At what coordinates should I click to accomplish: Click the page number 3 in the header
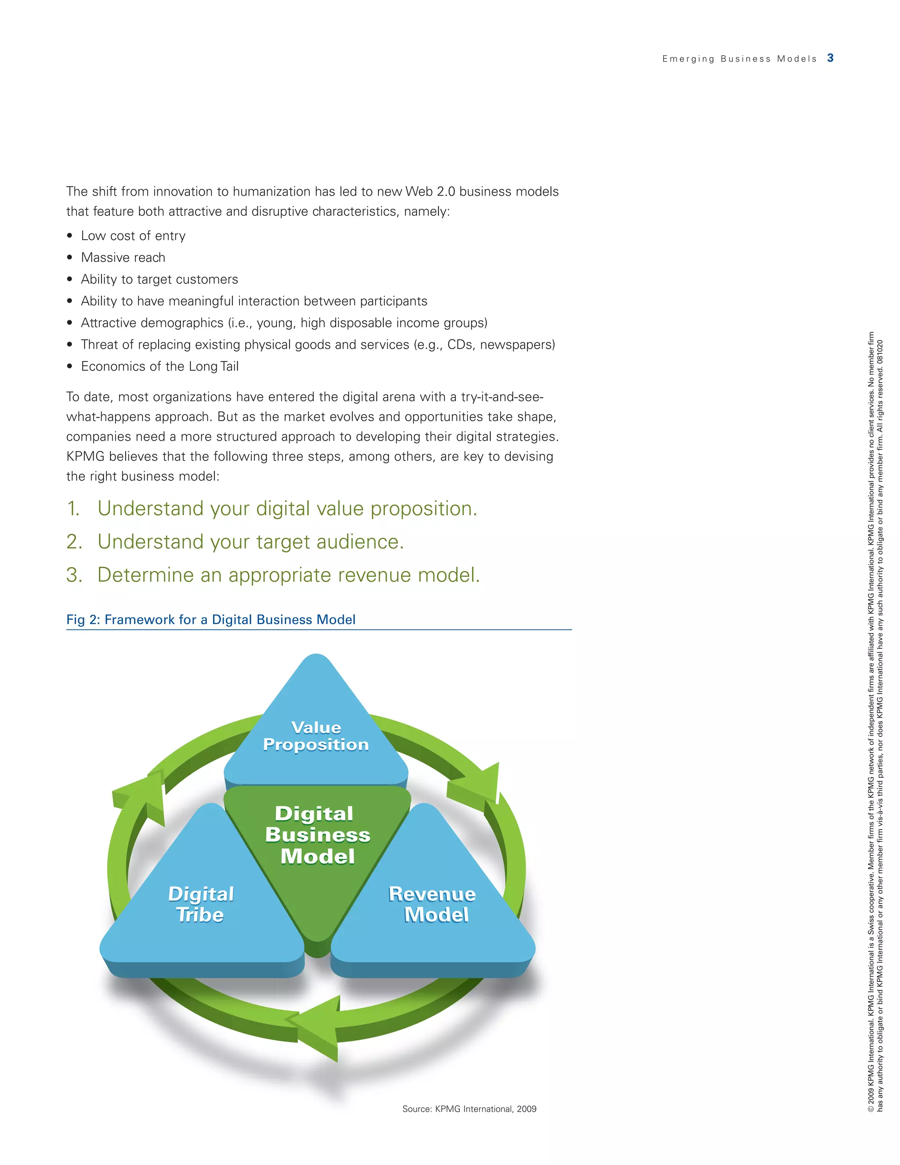830,58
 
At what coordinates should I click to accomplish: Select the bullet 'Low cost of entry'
133,236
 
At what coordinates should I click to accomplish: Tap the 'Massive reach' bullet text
123,258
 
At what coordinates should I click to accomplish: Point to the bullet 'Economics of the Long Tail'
160,367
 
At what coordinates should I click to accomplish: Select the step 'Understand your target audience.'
250,542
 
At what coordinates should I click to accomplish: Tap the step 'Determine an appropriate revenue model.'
288,575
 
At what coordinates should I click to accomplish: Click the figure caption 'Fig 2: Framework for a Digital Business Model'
210,619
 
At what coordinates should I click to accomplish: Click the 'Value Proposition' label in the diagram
316,736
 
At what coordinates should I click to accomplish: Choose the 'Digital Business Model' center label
317,835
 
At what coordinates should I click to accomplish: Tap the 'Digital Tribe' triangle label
200,904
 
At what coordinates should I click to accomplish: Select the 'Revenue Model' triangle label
433,904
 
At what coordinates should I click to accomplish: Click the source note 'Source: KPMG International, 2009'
469,1109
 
